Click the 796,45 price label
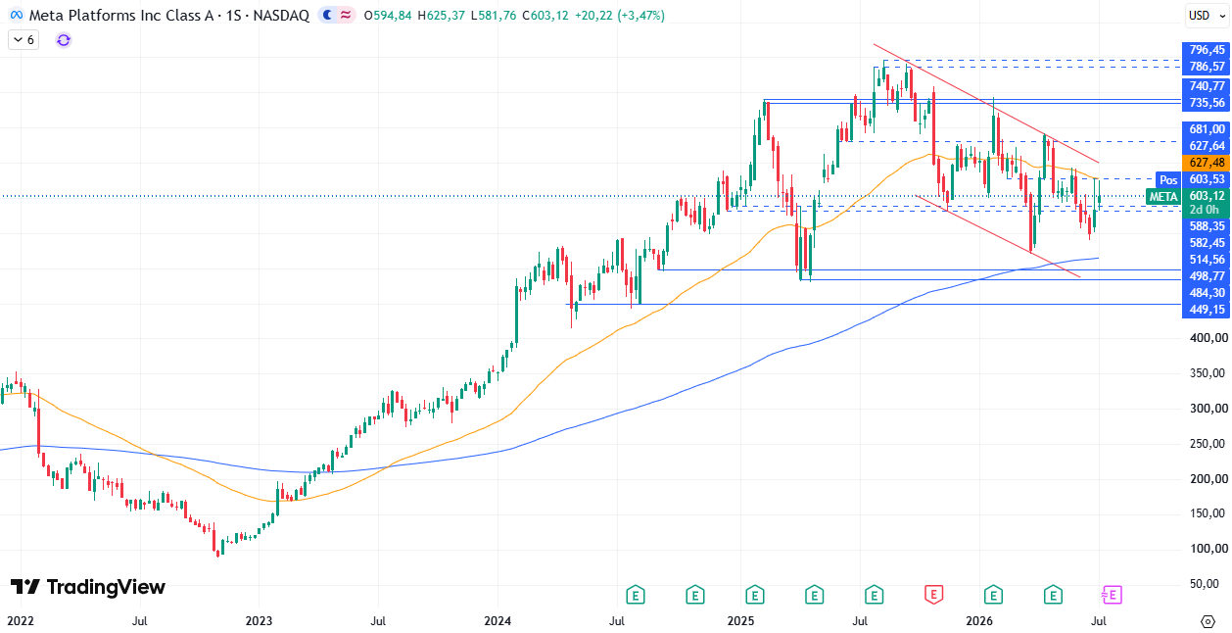click(x=1206, y=50)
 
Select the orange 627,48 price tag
click(x=1206, y=163)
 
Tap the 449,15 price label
click(x=1206, y=310)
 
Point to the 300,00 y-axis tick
click(x=1208, y=409)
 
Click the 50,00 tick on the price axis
click(x=1211, y=584)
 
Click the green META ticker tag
click(x=1163, y=197)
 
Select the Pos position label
click(x=1168, y=180)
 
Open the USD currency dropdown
click(x=1207, y=16)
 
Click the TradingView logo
click(x=88, y=587)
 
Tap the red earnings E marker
click(x=934, y=595)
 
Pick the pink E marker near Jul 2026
click(x=1112, y=595)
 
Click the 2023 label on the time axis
click(x=259, y=621)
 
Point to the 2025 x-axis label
click(x=740, y=621)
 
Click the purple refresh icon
click(x=64, y=40)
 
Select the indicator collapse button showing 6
click(x=24, y=40)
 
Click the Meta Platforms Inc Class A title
click(x=121, y=16)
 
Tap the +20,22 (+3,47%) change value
click(x=620, y=16)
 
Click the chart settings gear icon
click(x=1208, y=621)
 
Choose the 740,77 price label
click(x=1206, y=86)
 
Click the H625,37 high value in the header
click(x=442, y=16)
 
